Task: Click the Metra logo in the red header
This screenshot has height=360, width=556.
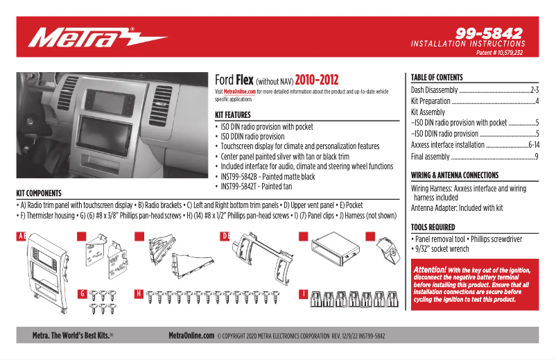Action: tap(97, 37)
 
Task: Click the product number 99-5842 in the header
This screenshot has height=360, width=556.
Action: tap(489, 33)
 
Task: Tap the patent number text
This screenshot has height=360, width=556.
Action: tap(499, 53)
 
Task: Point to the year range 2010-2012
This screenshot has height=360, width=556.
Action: tap(316, 80)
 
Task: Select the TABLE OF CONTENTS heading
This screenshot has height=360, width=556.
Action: tap(437, 78)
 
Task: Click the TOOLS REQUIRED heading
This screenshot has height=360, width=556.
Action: tap(433, 227)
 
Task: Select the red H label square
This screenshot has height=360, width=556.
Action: tap(139, 294)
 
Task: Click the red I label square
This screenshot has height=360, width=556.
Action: tap(303, 294)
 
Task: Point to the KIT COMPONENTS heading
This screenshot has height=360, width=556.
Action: tap(39, 193)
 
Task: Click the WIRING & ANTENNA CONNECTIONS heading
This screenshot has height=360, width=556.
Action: tap(455, 175)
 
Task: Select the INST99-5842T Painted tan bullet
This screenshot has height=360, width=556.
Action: tap(256, 187)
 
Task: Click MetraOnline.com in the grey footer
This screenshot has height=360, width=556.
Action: tap(191, 336)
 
